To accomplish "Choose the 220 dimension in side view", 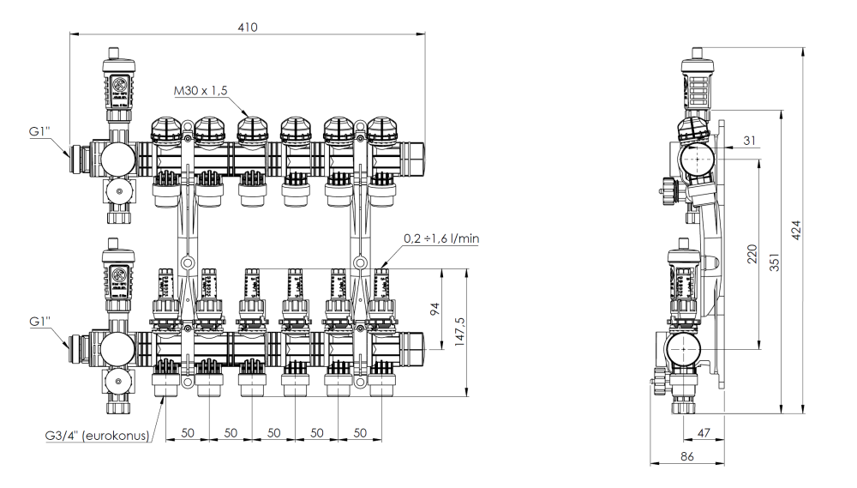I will pos(752,256).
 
